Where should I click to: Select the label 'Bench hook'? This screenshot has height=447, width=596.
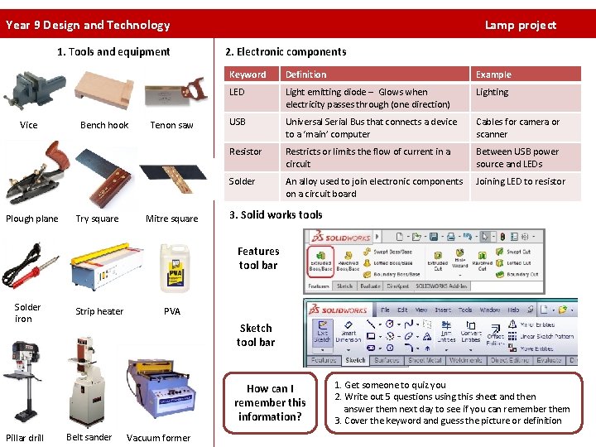(x=104, y=125)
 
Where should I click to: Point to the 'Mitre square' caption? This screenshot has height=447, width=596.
(x=171, y=219)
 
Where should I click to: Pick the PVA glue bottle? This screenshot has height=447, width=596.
(x=174, y=268)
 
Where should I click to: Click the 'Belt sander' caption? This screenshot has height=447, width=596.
(x=89, y=437)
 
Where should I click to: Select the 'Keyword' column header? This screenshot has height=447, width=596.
(x=248, y=74)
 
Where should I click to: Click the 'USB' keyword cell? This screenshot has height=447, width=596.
(x=238, y=122)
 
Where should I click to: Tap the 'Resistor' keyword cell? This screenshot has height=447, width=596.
(x=245, y=151)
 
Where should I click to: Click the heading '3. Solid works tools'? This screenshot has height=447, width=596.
(x=276, y=215)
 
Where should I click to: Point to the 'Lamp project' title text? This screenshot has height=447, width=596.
(x=520, y=25)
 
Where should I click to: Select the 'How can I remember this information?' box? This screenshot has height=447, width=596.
(x=270, y=403)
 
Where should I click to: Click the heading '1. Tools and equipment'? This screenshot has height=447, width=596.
(x=113, y=51)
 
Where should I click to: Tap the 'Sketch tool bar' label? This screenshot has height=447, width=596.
(x=255, y=335)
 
